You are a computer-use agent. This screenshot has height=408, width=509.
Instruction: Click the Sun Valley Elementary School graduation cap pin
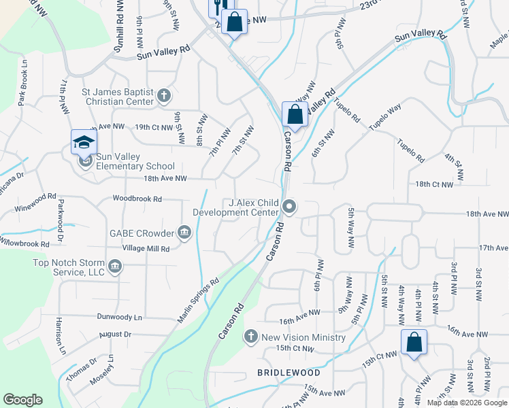(x=84, y=143)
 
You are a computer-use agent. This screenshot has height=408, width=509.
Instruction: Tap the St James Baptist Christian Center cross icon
(x=163, y=96)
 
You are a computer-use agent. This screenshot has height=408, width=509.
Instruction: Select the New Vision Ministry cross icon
(x=251, y=337)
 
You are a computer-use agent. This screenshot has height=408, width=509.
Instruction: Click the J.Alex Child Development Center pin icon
(x=291, y=205)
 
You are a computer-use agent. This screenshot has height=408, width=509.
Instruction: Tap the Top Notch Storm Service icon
(x=114, y=266)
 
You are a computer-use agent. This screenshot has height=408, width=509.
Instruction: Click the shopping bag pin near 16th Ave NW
(x=414, y=343)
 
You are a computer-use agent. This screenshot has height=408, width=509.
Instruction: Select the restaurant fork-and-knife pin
(x=217, y=8)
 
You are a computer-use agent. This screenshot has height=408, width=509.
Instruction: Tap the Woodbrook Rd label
(x=137, y=199)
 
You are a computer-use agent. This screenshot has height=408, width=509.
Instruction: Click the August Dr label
(x=114, y=335)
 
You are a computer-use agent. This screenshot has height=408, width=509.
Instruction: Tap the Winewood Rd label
(x=37, y=198)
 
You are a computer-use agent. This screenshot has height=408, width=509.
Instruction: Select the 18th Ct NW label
(x=434, y=184)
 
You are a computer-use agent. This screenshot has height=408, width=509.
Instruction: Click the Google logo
(x=22, y=400)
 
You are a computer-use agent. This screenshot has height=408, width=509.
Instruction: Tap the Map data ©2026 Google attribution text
(x=466, y=403)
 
